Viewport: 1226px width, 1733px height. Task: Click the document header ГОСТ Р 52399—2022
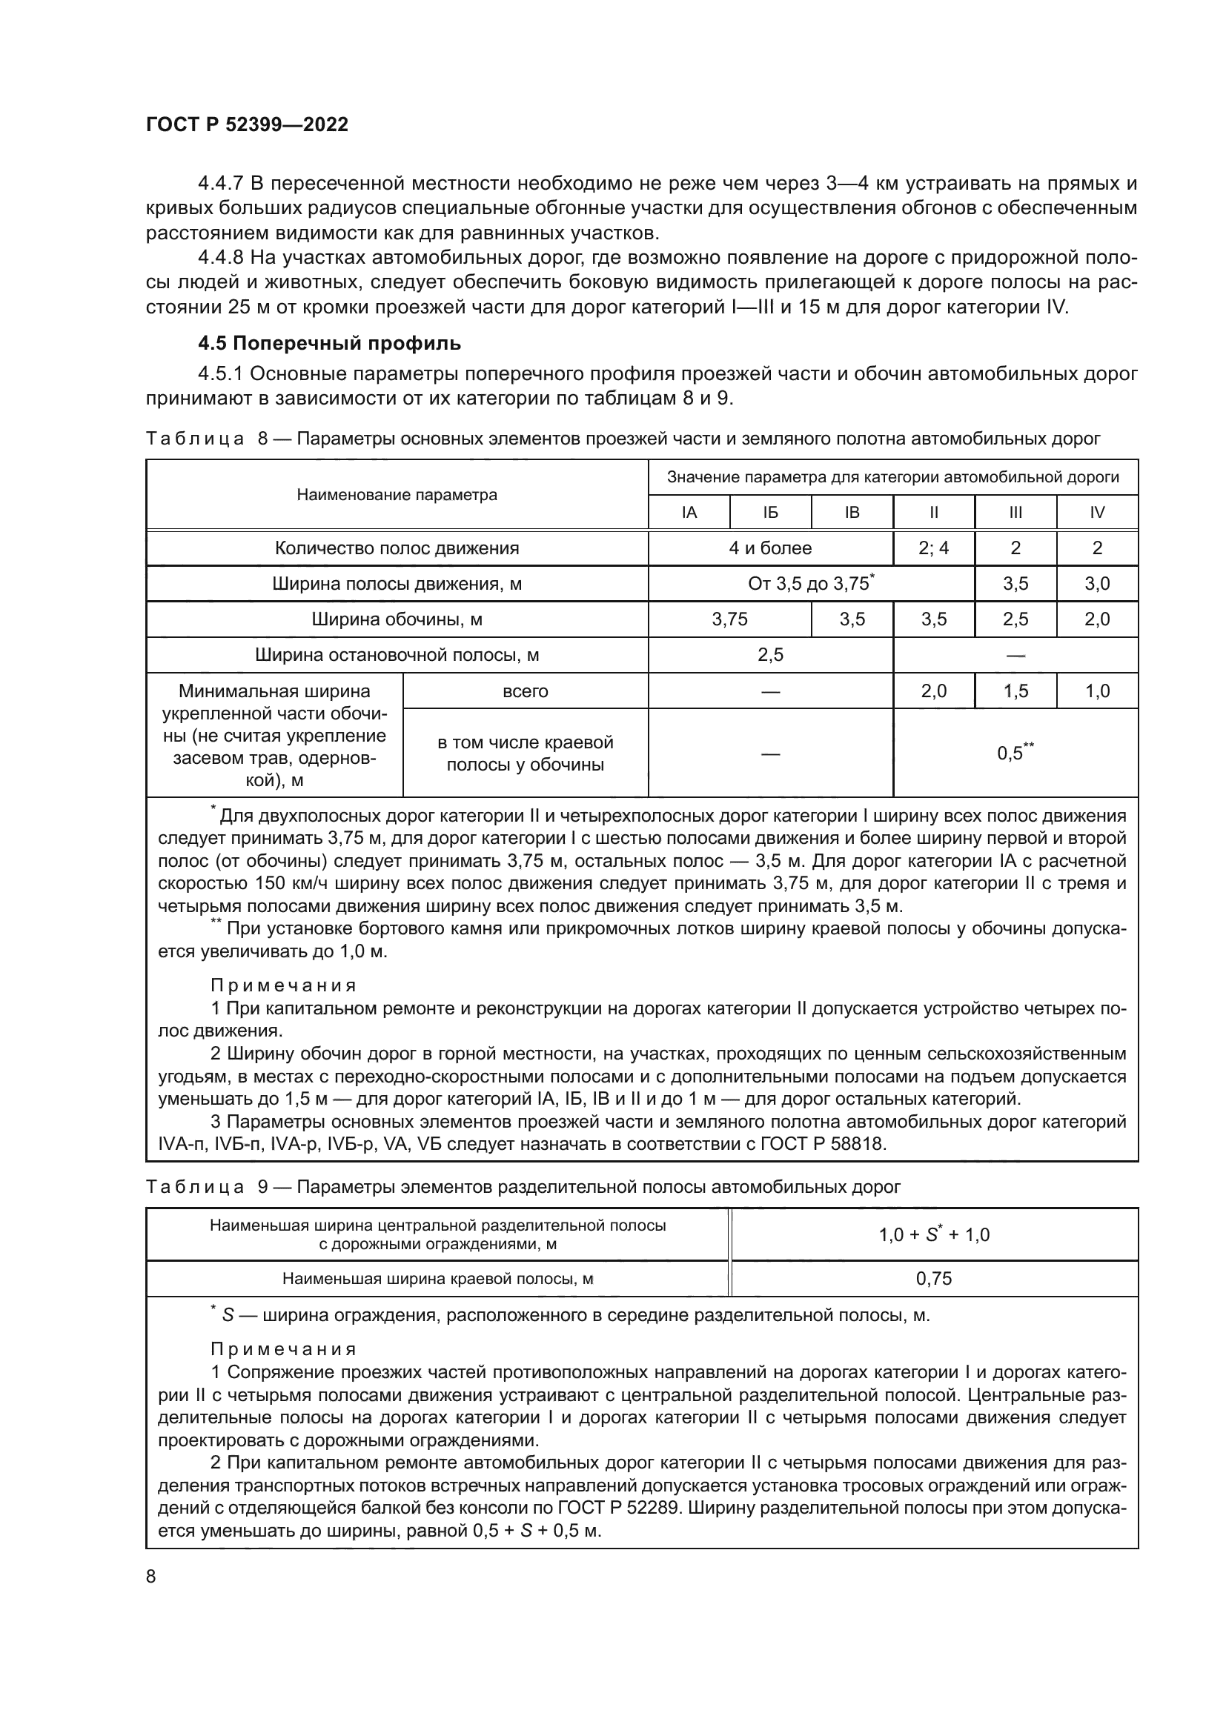(x=247, y=125)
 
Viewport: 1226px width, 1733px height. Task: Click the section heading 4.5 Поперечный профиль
(x=329, y=344)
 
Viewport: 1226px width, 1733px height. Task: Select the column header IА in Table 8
(x=689, y=513)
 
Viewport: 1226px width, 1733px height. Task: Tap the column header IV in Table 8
(x=1097, y=513)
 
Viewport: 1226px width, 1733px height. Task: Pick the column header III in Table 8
(x=1015, y=513)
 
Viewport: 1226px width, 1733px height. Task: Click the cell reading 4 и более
(x=770, y=548)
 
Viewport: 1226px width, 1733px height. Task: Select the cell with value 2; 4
(x=934, y=548)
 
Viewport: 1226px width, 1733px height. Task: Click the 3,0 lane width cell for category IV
(x=1097, y=583)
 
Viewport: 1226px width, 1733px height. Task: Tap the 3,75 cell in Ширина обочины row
(x=729, y=619)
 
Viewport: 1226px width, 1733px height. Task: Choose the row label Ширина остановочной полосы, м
(x=397, y=654)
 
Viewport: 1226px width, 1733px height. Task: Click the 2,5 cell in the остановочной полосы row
(x=770, y=654)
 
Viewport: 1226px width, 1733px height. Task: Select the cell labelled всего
(x=526, y=691)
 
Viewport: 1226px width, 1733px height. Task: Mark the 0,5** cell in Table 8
(x=1015, y=753)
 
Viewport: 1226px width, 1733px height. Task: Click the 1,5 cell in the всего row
(x=1015, y=691)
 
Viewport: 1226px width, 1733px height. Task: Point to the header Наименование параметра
(x=397, y=495)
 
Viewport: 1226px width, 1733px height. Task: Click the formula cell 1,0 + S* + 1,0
(x=934, y=1235)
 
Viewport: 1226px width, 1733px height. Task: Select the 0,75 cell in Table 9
(x=934, y=1279)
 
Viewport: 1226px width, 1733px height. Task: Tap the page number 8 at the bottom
(x=151, y=1576)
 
